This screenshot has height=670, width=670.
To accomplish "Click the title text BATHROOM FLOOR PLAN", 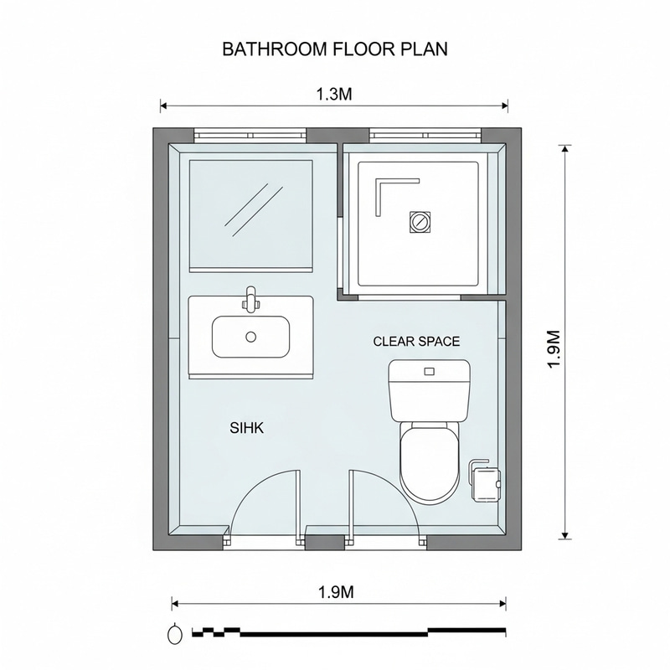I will tap(335, 49).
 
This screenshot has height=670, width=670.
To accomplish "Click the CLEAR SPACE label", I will tap(416, 342).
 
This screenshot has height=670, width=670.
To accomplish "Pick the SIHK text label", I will tap(247, 428).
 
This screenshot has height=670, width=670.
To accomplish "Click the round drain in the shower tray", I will tap(419, 222).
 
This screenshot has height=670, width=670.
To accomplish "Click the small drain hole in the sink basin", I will tap(250, 337).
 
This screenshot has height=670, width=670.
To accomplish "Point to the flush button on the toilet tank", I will tap(429, 371).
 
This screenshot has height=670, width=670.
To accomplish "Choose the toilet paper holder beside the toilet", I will tap(485, 480).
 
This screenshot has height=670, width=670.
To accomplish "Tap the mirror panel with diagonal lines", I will tap(251, 214).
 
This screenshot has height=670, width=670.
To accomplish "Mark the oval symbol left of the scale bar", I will tap(175, 633).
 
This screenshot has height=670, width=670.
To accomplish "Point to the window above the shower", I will tap(425, 135).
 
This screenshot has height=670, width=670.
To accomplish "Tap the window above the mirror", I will tap(250, 135).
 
